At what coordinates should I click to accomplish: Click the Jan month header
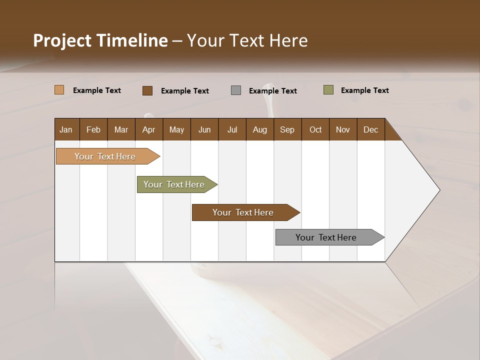click(x=66, y=129)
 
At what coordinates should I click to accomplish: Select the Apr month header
click(x=148, y=129)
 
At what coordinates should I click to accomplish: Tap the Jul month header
click(x=232, y=129)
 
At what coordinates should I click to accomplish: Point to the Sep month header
click(x=287, y=129)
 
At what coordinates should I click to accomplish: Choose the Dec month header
click(x=370, y=129)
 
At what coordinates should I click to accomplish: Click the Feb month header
click(x=93, y=129)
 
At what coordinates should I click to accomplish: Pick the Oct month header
click(x=315, y=129)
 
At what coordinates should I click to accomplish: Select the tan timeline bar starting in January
click(x=105, y=156)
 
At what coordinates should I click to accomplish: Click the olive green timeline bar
click(x=174, y=184)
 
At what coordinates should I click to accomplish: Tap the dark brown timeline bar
click(x=243, y=212)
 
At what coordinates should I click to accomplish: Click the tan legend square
click(x=59, y=90)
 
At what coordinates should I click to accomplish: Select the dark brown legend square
click(x=147, y=90)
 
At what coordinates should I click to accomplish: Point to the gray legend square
click(x=236, y=90)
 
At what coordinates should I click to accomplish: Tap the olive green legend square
click(x=328, y=90)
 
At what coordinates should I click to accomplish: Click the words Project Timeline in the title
click(x=100, y=40)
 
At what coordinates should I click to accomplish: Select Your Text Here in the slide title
click(x=247, y=40)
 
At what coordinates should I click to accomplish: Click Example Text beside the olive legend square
click(x=364, y=90)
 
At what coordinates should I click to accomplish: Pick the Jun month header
click(x=204, y=129)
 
